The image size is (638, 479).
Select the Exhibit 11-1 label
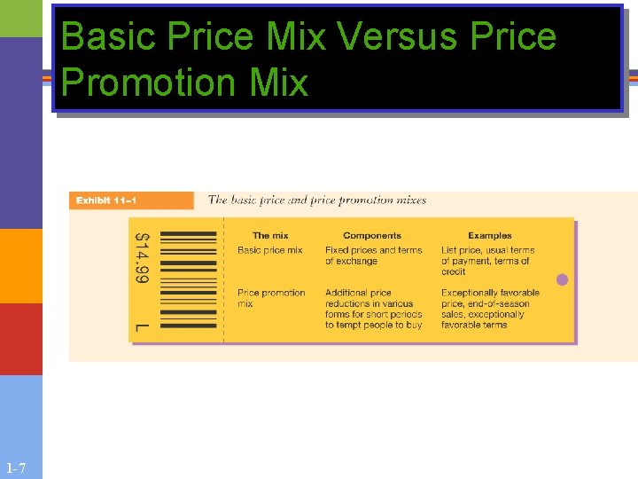pos(106,200)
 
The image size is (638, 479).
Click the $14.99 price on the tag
pos(142,258)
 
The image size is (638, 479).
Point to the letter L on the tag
pos(142,328)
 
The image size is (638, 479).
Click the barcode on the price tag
pos(187,280)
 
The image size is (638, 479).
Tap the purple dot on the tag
pos(562,279)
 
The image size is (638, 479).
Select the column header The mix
pos(270,236)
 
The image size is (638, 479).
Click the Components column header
pos(371,236)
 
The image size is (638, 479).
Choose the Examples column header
pos(490,236)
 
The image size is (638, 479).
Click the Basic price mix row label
pos(270,250)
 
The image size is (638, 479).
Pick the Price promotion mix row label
pos(271,298)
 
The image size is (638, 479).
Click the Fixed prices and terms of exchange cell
pos(373,255)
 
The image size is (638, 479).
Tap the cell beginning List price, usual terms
pos(487,261)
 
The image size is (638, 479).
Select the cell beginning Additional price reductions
pos(373,309)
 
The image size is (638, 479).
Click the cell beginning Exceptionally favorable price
pos(490,309)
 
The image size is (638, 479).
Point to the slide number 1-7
pos(16,468)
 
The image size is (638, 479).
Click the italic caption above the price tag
pos(317,200)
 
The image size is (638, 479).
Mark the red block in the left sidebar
pos(21,339)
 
